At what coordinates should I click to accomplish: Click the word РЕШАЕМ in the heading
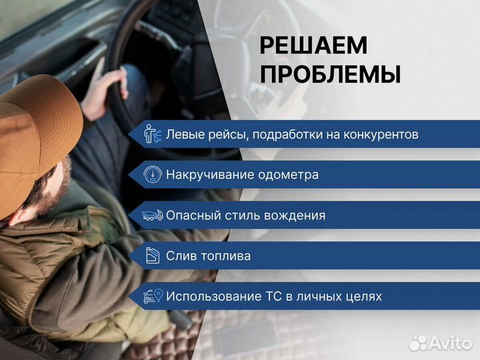(x=313, y=45)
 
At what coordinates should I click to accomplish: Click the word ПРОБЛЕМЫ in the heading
(x=330, y=74)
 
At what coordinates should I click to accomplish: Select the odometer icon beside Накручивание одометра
(x=153, y=175)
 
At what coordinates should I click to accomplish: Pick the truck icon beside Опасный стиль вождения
(x=153, y=215)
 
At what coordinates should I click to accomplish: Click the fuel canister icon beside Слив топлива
(x=153, y=256)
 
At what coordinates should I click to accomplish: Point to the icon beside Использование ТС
(x=153, y=296)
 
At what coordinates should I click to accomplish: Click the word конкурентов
(x=381, y=135)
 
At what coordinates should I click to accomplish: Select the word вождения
(x=293, y=215)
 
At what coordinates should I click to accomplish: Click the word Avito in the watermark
(x=450, y=343)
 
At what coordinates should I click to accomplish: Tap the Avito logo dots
(x=418, y=343)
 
